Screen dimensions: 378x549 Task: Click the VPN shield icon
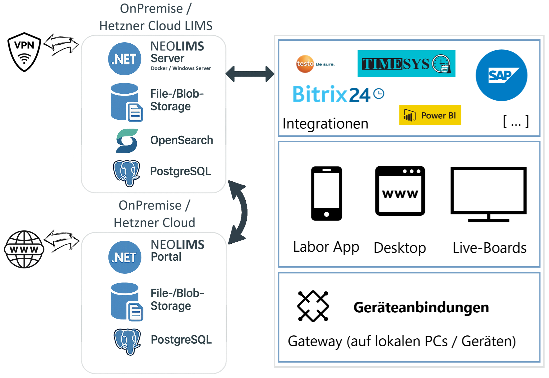point(24,52)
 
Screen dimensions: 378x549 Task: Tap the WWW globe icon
point(24,249)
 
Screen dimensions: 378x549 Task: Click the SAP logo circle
point(501,75)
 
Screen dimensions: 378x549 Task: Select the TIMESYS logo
point(406,64)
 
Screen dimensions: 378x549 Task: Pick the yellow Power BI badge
point(430,115)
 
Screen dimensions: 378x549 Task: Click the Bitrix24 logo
point(338,94)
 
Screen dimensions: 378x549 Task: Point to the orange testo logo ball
point(305,64)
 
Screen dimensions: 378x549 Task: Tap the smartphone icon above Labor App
point(326,193)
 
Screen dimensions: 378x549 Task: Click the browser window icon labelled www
point(400,191)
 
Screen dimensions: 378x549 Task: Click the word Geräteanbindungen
point(421,308)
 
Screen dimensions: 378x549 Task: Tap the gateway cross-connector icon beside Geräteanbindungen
point(313,306)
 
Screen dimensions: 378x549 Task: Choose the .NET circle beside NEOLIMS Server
point(124,59)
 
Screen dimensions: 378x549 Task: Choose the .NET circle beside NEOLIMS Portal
point(125,257)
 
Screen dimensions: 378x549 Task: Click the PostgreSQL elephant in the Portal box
point(127,341)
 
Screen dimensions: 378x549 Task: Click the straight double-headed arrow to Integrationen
point(250,74)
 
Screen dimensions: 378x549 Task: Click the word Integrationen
point(325,124)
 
